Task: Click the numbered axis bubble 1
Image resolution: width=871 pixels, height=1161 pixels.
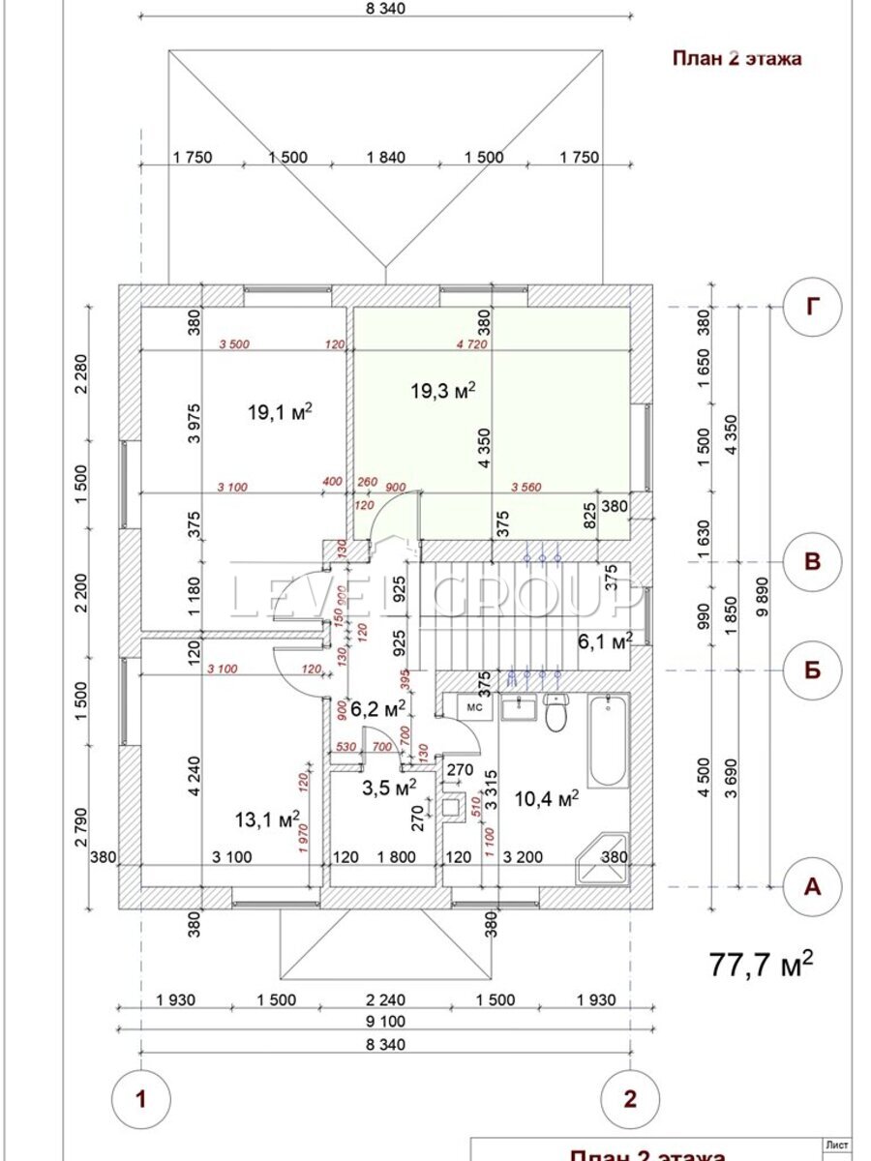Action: (x=141, y=1099)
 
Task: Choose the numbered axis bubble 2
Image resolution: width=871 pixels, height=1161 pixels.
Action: (x=631, y=1099)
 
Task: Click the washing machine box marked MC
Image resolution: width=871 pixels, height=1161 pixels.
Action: (x=475, y=707)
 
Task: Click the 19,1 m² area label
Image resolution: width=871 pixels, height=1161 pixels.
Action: (x=280, y=412)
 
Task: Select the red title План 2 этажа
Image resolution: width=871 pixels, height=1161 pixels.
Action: (x=737, y=58)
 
